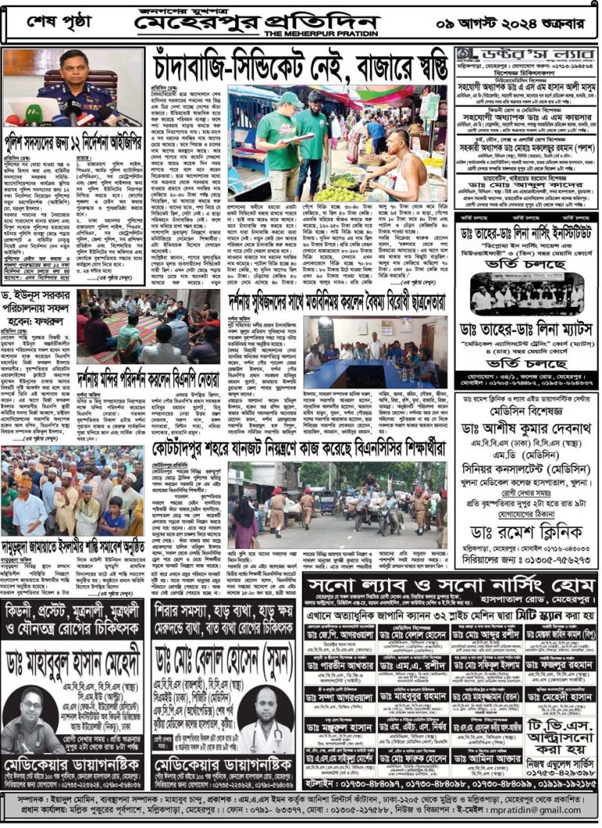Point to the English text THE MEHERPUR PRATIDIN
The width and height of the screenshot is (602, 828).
(x=319, y=34)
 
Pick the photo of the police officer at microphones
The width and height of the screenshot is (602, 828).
(x=71, y=87)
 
